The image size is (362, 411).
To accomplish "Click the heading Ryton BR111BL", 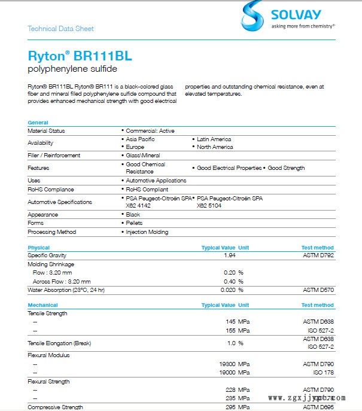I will point(80,56).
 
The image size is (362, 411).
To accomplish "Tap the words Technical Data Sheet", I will point(60,29).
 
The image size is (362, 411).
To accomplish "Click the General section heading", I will point(38,123).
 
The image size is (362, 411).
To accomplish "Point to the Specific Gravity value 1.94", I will point(229,255).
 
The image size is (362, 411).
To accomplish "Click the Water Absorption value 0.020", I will point(227,290).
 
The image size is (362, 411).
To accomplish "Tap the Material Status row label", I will point(46,130).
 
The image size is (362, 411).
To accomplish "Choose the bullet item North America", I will point(215,147).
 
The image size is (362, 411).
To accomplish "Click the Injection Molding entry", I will point(147,232).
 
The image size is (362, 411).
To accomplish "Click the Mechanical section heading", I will point(42,305).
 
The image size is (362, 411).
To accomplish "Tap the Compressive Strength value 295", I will point(228,407).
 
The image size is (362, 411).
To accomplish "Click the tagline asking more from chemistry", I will point(303,26).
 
